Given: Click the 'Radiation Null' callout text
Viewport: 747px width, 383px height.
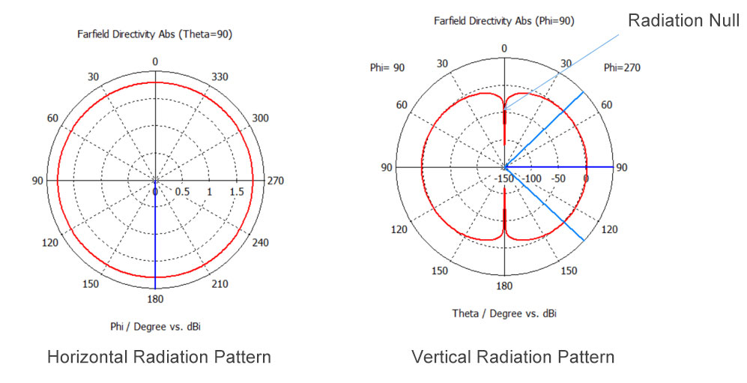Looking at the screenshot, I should (683, 20).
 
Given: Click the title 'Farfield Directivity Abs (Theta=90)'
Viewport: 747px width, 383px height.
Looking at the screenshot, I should (154, 34).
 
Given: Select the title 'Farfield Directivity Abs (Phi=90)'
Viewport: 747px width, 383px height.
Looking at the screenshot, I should (503, 21).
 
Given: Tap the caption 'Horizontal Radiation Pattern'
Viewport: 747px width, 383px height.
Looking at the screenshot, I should (159, 357).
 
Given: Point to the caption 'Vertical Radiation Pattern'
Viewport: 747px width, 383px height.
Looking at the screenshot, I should (512, 357).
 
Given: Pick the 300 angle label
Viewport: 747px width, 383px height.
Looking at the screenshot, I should (259, 118).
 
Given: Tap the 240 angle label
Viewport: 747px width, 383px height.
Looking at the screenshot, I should (259, 243).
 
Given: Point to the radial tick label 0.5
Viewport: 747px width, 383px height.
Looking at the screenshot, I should (182, 193).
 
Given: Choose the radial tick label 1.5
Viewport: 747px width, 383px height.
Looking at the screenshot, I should (237, 193).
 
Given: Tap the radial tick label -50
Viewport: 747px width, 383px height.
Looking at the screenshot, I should (557, 179).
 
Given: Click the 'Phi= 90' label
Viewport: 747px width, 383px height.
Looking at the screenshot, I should (387, 68).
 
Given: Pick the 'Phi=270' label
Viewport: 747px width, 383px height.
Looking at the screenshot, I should (622, 68).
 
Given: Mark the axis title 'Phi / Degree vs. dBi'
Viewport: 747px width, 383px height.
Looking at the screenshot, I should (154, 325).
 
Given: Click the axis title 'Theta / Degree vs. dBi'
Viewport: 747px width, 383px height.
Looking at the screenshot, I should (503, 313).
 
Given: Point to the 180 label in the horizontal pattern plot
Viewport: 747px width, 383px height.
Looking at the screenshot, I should (154, 299).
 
